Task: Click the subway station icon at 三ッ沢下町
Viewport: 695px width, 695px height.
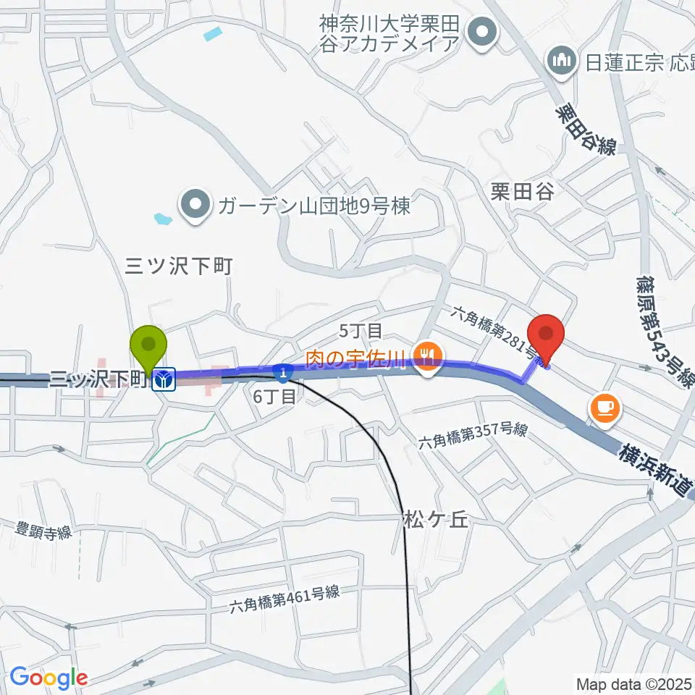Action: pyautogui.click(x=164, y=379)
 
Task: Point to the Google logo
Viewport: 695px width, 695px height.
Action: pyautogui.click(x=49, y=678)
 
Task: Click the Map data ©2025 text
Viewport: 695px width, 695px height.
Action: pyautogui.click(x=634, y=683)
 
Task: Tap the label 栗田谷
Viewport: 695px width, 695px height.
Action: pyautogui.click(x=521, y=192)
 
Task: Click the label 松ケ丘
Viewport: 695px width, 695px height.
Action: pyautogui.click(x=432, y=520)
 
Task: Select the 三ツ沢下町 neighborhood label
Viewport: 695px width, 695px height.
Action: pyautogui.click(x=178, y=266)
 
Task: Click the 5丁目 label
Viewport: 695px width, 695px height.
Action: pyautogui.click(x=361, y=332)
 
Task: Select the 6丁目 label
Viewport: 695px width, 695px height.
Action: pyautogui.click(x=274, y=397)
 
